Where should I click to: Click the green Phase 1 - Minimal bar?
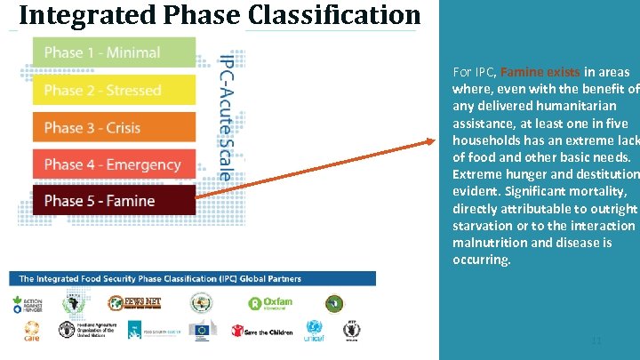pyautogui.click(x=114, y=52)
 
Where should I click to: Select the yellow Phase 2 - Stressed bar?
pyautogui.click(x=114, y=90)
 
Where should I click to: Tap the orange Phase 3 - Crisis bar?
pyautogui.click(x=114, y=127)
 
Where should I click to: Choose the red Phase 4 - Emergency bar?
pyautogui.click(x=114, y=164)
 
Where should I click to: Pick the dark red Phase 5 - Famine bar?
pyautogui.click(x=114, y=201)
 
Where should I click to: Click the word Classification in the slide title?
pyautogui.click(x=333, y=15)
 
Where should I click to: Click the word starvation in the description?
pyautogui.click(x=486, y=226)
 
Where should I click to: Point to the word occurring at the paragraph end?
pyautogui.click(x=481, y=260)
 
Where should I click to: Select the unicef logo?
pyautogui.click(x=314, y=332)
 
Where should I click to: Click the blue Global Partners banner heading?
pyautogui.click(x=161, y=279)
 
